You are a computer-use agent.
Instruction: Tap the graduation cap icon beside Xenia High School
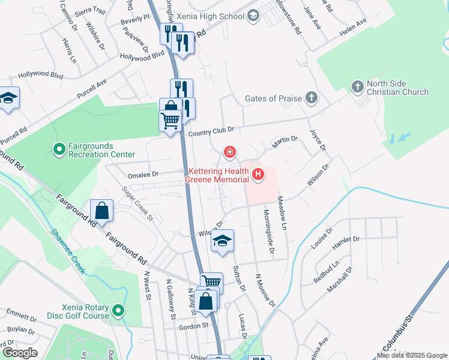pyautogui.click(x=253, y=16)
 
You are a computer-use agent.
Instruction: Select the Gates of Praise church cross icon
pyautogui.click(x=311, y=98)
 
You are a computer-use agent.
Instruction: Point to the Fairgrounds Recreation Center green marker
pyautogui.click(x=59, y=149)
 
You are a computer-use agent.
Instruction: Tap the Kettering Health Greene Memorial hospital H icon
pyautogui.click(x=258, y=175)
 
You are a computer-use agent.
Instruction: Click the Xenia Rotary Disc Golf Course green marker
pyautogui.click(x=119, y=310)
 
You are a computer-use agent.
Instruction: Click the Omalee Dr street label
pyautogui.click(x=143, y=175)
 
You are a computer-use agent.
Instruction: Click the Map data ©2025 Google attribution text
pyautogui.click(x=412, y=355)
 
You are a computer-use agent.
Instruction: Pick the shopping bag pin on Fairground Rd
pyautogui.click(x=101, y=211)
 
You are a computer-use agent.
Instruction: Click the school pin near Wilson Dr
pyautogui.click(x=222, y=241)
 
